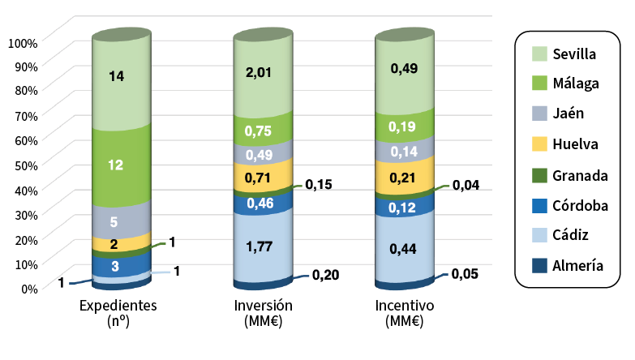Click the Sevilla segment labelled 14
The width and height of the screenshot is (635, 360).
pos(116,77)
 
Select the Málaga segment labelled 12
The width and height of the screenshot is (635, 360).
pos(116,165)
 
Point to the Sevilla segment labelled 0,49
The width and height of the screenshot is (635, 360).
pos(403,70)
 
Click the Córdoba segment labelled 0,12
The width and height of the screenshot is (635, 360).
pos(403,208)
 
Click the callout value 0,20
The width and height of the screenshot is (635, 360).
pos(325,275)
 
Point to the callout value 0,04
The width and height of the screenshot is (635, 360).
pos(466,185)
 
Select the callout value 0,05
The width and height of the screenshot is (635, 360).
pos(466,274)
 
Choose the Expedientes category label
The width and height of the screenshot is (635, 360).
pos(118,306)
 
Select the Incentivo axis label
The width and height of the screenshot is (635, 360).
pos(405,306)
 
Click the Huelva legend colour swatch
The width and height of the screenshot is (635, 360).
pos(540,144)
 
